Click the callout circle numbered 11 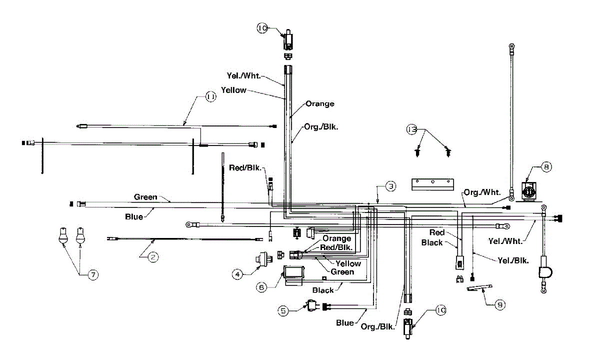tap(210, 97)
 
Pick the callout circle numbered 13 tap(411, 129)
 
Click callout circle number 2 tap(153, 257)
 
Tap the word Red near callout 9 tap(436, 233)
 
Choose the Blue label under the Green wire tap(134, 216)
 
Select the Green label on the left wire tap(145, 197)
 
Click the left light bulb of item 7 tap(63, 235)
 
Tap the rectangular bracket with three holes tap(432, 184)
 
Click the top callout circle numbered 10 tap(263, 28)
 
